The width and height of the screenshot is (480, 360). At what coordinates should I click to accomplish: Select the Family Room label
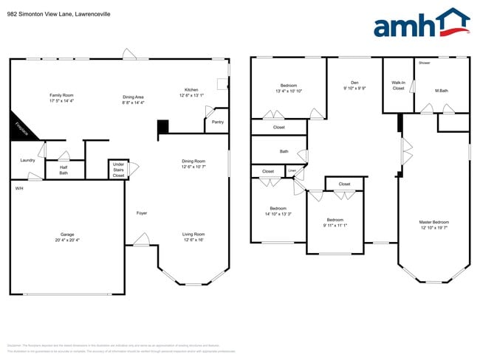[x=61, y=95]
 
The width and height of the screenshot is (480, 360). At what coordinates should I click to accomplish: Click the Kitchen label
[x=191, y=89]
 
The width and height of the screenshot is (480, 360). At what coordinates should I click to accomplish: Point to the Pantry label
[x=217, y=122]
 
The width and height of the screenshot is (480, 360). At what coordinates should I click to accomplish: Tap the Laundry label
[x=28, y=160]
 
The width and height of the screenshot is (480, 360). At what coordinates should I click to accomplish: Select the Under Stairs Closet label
[x=118, y=170]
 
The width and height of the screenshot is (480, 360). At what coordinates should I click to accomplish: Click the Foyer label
[x=142, y=213]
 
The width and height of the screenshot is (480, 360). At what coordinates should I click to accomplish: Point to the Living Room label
[x=193, y=235]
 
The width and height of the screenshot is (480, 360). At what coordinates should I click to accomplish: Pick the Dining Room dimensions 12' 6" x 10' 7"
[x=193, y=167]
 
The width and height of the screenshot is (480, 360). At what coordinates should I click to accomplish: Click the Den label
[x=354, y=83]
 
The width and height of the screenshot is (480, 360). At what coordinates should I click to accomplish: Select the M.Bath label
[x=442, y=91]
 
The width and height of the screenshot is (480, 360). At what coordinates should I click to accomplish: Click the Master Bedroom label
[x=433, y=221]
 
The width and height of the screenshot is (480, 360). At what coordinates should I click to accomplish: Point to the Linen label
[x=291, y=171]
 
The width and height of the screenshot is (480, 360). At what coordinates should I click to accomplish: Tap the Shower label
[x=424, y=63]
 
